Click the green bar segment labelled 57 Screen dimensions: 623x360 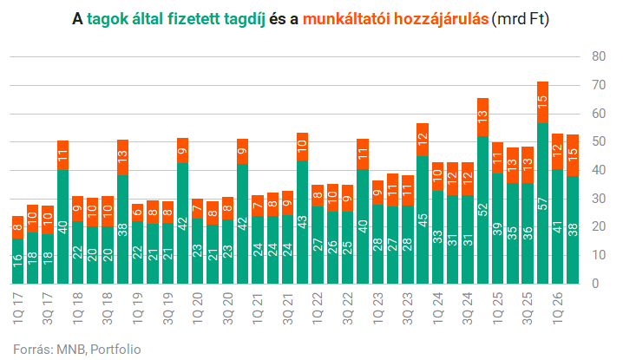coord(543,204)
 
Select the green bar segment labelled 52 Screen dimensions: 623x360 coord(482,210)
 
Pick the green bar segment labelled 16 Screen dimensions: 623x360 coord(18,261)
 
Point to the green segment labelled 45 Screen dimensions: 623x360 coord(423,219)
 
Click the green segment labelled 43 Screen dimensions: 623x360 coord(302,222)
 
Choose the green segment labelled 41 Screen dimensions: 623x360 coord(558,226)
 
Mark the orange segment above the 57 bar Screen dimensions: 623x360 coord(543,102)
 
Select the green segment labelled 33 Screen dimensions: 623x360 coord(438,237)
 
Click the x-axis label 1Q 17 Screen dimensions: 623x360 coord(18,309)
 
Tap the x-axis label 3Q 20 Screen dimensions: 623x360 coord(227,309)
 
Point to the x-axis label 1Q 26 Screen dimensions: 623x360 coord(557,309)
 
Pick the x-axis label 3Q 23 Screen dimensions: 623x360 coord(408,309)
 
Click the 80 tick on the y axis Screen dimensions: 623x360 coord(599,56)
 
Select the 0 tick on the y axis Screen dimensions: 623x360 coord(595,284)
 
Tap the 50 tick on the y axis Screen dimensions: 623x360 coord(599,142)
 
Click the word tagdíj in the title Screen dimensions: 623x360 coord(245,19)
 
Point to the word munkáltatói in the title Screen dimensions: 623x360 coord(345,19)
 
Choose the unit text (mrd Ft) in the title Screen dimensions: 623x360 coord(521,19)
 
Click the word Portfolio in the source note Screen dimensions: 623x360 coord(115,350)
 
